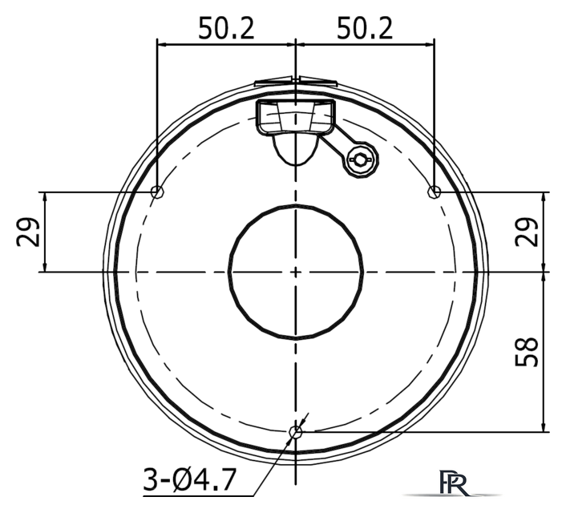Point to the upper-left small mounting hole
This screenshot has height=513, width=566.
tap(157, 192)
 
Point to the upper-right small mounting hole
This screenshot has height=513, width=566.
tap(435, 191)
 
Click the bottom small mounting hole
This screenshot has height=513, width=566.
tap(295, 433)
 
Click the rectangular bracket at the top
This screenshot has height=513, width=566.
tap(295, 116)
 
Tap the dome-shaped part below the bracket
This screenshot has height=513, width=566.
tap(293, 148)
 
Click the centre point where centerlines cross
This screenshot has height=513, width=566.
tap(296, 272)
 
